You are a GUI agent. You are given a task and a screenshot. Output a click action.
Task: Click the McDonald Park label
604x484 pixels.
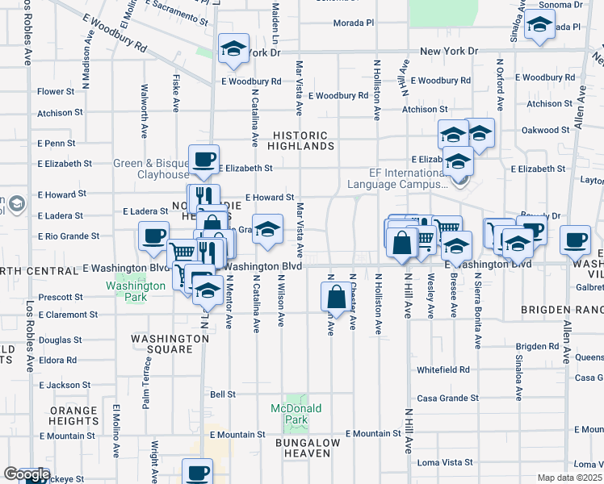click(x=296, y=414)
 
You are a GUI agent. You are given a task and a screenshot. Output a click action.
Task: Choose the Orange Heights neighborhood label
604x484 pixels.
click(x=73, y=415)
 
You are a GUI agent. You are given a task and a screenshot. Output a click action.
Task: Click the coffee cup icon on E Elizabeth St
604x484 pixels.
click(x=203, y=159)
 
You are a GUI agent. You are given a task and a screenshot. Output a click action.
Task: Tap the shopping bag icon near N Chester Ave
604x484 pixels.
click(x=335, y=296)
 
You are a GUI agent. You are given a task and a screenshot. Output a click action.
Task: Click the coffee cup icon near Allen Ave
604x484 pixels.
click(x=575, y=240)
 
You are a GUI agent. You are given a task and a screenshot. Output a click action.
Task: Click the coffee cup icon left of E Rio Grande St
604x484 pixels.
click(x=153, y=237)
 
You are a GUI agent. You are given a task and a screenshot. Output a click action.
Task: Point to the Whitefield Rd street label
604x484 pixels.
click(x=443, y=369)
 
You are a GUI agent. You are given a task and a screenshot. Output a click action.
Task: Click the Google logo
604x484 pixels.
click(x=26, y=474)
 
